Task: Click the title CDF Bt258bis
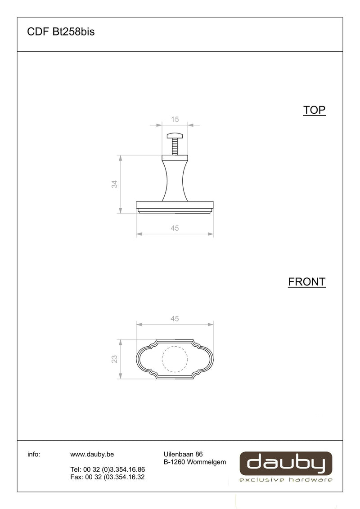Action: point(61,31)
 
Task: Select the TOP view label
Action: point(314,110)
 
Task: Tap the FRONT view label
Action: point(307,282)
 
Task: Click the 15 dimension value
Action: point(175,120)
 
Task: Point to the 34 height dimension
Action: point(114,184)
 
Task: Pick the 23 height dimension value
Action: point(114,359)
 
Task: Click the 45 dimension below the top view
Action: point(175,228)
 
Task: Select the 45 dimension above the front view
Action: point(175,319)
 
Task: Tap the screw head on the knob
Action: point(175,135)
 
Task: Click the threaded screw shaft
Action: point(175,147)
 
